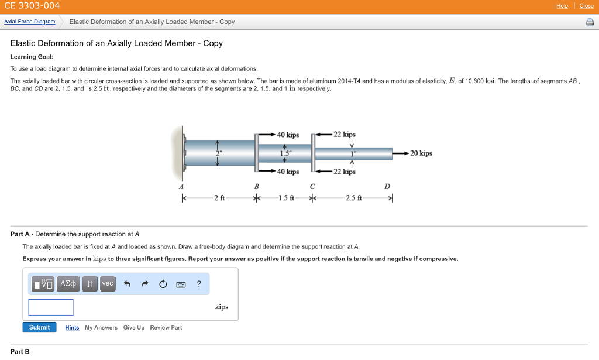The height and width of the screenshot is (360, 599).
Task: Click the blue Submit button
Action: pyautogui.click(x=39, y=327)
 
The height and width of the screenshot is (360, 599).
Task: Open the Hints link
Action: pyautogui.click(x=72, y=328)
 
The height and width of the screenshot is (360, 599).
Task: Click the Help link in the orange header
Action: pyautogui.click(x=562, y=6)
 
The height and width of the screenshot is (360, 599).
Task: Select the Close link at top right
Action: pyautogui.click(x=586, y=6)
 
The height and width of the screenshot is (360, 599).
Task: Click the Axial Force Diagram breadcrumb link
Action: pyautogui.click(x=29, y=22)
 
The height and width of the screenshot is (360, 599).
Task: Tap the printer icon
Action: pyautogui.click(x=589, y=22)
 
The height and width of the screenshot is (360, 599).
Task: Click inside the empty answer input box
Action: pyautogui.click(x=51, y=307)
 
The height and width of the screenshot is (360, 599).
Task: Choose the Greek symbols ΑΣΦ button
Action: pyautogui.click(x=68, y=284)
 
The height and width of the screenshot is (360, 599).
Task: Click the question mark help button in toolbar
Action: pyautogui.click(x=199, y=284)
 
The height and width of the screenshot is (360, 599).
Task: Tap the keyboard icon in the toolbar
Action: pyautogui.click(x=181, y=284)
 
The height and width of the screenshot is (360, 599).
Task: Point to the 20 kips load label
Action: pyautogui.click(x=421, y=153)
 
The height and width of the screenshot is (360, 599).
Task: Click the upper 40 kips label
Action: pyautogui.click(x=288, y=135)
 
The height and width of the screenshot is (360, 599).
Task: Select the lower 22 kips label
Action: pyautogui.click(x=345, y=172)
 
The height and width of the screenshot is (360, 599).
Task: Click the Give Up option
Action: pyautogui.click(x=133, y=328)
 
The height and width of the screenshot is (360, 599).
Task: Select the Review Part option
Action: pyautogui.click(x=166, y=328)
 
